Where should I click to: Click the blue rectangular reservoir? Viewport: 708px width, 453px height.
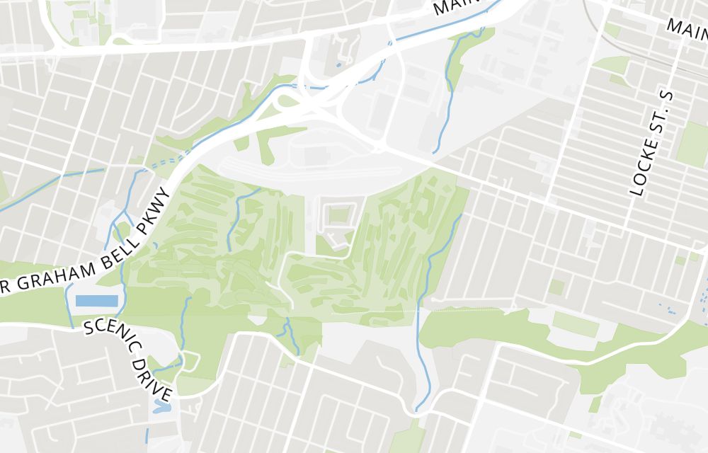pos(96,301)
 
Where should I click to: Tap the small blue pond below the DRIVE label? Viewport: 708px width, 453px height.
pos(161,407)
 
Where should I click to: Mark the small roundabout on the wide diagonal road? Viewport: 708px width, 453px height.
pos(379,148)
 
